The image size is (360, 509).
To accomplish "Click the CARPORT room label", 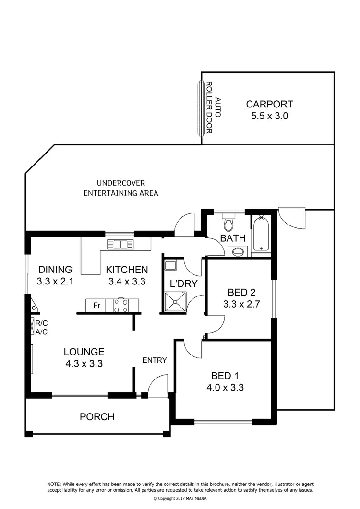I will pos(269,104).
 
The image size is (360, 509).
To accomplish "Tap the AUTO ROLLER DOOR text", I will pos(214,108).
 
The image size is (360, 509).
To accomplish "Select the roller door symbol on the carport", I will pos(200,108).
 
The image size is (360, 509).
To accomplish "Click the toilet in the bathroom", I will pos(228,224).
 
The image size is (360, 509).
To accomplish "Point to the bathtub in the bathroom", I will pos(261,234).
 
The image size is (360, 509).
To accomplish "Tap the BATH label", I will pos(233,238).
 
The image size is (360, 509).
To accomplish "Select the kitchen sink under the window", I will pos(120,244).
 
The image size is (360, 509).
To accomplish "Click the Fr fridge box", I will pos(96,305).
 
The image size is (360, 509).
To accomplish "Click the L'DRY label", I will pos(184,284).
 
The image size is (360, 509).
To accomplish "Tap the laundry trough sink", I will pos(170,265).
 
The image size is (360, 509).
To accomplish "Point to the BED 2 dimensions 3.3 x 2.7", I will pos(241,304).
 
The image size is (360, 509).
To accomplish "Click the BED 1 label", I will pos(227,376).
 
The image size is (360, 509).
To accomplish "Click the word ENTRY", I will pos(155,360).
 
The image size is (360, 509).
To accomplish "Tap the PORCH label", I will pos(97,417).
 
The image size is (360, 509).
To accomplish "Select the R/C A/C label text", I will pos(41,327).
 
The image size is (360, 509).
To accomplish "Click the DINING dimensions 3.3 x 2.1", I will pos(55,282).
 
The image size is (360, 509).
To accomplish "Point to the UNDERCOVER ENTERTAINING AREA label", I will pos(121,188).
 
